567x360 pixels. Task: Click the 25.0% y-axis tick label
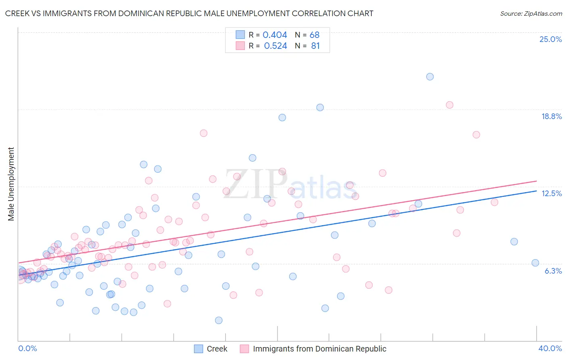point(550,39)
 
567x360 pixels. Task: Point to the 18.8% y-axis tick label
point(551,116)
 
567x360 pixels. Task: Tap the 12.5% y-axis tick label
point(551,193)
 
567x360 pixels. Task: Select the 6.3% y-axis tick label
point(553,271)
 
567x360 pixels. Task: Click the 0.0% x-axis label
point(27,348)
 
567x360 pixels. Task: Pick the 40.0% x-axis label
point(550,348)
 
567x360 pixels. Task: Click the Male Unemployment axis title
point(11,184)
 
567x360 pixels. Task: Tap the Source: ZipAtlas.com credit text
point(531,13)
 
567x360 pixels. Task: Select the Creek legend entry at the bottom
point(217,349)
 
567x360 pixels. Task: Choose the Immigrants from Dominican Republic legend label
point(319,349)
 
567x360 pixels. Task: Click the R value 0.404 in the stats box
point(275,35)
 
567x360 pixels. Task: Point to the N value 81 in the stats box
point(315,46)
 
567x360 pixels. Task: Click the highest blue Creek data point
point(430,77)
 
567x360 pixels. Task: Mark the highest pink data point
point(450,105)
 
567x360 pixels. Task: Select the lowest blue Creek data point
point(219,320)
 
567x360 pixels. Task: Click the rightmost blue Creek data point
point(535,263)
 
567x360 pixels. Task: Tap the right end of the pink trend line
point(537,181)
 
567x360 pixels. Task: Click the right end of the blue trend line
point(537,191)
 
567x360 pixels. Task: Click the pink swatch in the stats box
point(240,46)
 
